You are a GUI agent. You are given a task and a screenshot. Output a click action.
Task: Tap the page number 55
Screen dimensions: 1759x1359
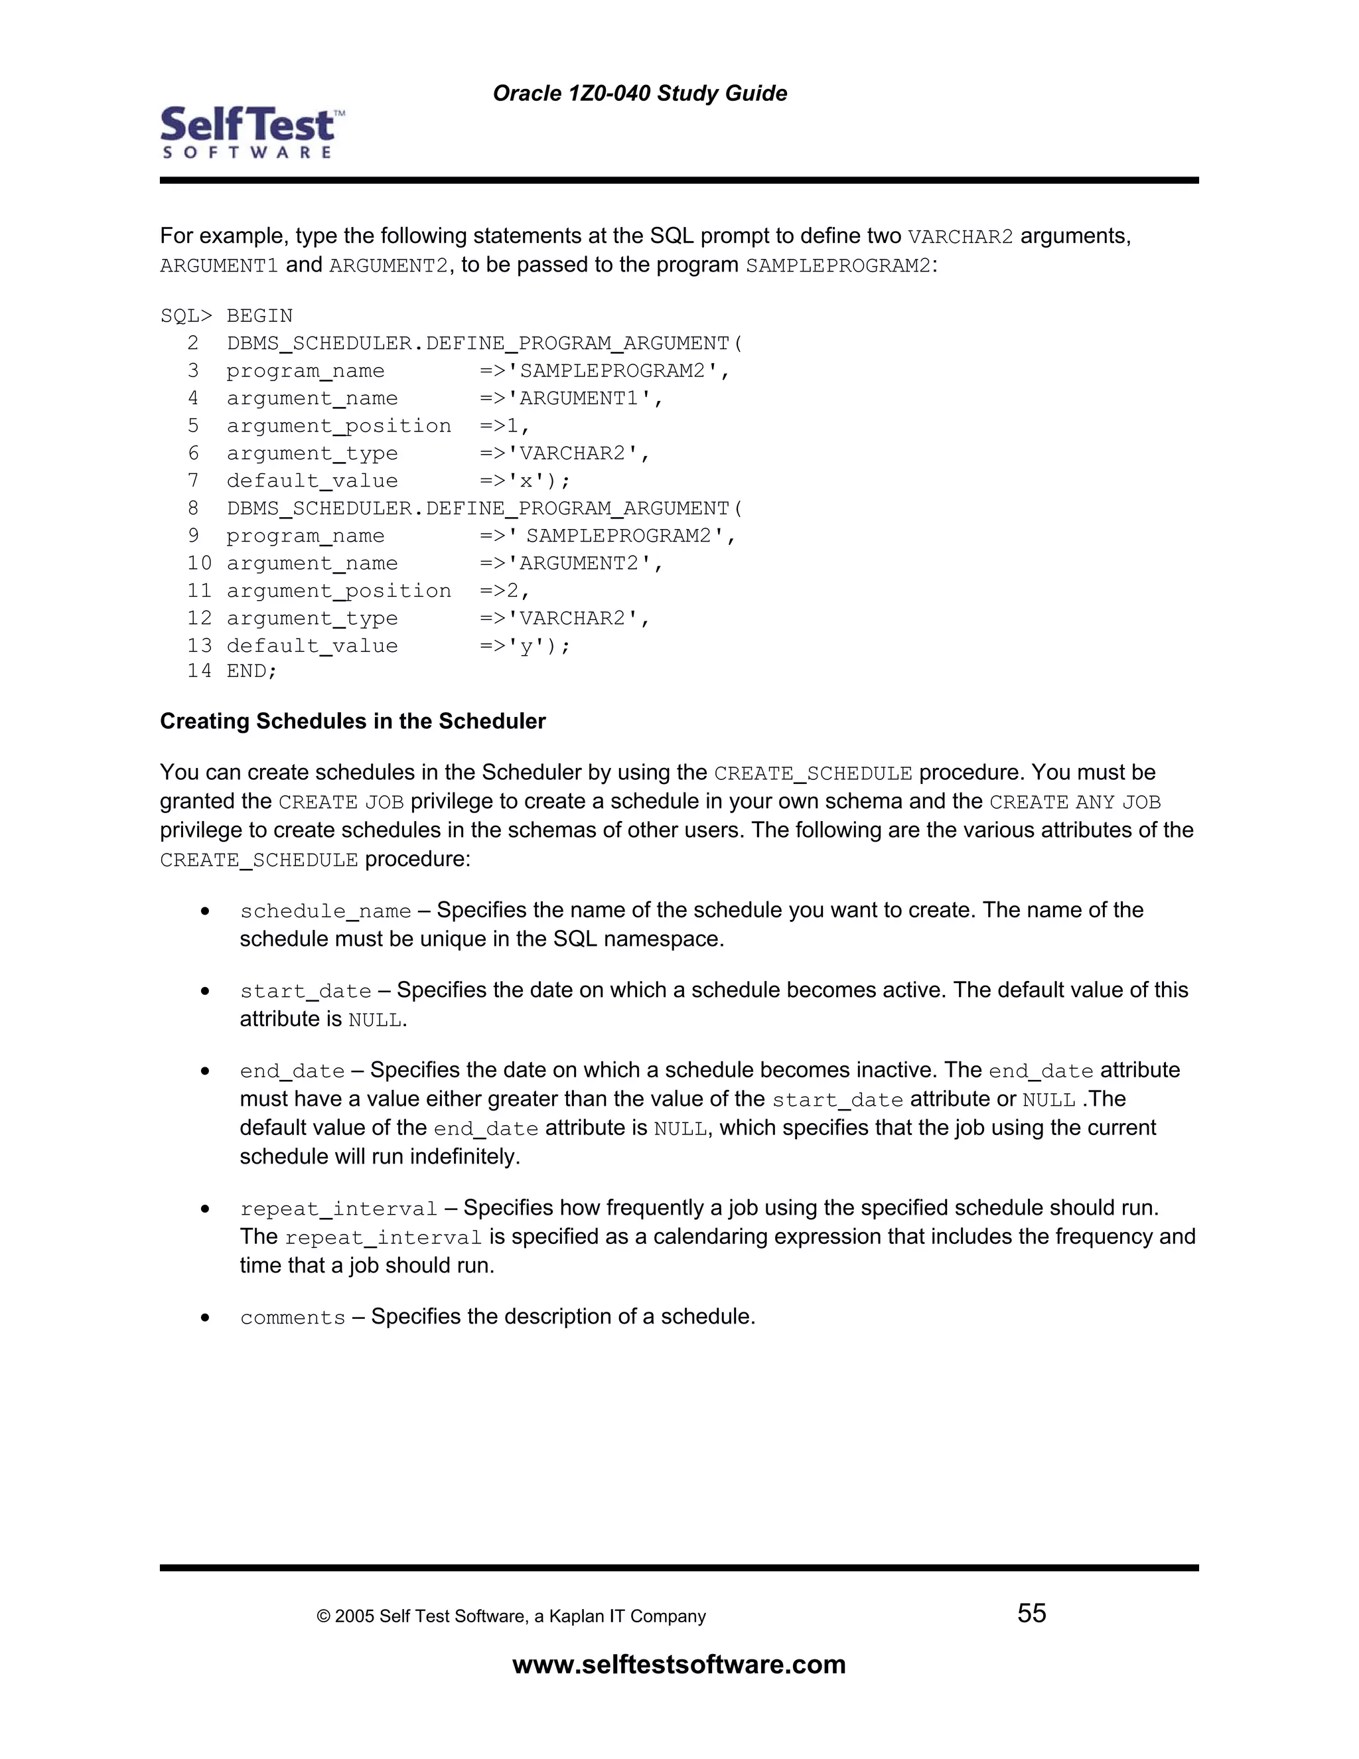click(x=1031, y=1613)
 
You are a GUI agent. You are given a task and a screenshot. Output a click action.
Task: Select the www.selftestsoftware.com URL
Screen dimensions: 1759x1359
click(x=679, y=1664)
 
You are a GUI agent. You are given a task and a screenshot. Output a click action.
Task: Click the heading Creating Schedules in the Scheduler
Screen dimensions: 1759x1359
click(x=352, y=721)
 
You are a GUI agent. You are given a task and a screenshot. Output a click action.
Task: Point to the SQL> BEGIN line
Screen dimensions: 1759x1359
click(x=226, y=316)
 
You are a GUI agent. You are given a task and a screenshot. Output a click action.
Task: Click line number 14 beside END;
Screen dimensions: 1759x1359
click(x=199, y=671)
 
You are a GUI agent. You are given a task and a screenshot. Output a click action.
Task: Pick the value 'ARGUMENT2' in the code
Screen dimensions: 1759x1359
click(x=579, y=564)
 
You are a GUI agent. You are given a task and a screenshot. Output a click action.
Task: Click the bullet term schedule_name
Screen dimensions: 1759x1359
click(x=325, y=911)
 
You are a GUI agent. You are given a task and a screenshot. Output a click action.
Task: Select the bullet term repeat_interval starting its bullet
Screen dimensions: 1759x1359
click(x=338, y=1209)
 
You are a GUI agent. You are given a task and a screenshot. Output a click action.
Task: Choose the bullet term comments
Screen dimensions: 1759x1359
click(x=292, y=1318)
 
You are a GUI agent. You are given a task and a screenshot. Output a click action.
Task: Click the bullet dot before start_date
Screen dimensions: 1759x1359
click(x=206, y=990)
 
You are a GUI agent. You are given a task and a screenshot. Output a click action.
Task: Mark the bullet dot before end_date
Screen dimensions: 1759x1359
click(x=206, y=1071)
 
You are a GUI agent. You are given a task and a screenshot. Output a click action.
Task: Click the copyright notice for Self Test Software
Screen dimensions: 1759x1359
click(x=511, y=1616)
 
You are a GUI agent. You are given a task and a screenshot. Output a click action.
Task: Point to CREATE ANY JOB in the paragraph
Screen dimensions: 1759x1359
click(x=1075, y=803)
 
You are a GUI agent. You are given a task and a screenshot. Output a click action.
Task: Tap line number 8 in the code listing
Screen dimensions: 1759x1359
click(x=193, y=508)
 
